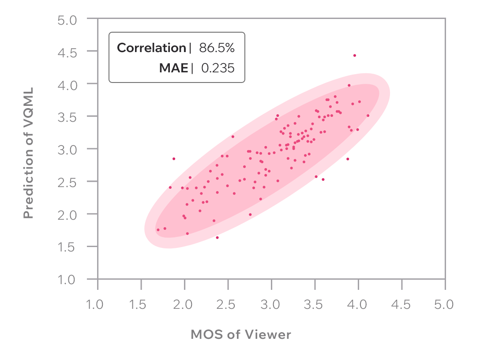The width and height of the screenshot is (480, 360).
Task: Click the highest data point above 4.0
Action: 354,56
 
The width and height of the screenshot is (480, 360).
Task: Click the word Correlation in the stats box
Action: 151,48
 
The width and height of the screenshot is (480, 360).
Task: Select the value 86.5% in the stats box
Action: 217,48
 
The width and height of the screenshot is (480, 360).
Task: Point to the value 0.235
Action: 218,68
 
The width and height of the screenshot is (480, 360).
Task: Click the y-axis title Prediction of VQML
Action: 29,153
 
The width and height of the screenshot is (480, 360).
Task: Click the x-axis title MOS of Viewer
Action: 241,334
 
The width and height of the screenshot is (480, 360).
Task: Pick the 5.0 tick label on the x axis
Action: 443,305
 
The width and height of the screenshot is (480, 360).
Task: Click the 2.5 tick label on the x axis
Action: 227,305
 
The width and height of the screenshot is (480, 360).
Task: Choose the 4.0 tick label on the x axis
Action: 357,305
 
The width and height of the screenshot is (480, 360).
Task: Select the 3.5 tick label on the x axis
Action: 314,305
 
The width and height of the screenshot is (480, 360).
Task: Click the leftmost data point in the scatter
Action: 158,230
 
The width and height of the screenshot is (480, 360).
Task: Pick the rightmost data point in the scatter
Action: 368,116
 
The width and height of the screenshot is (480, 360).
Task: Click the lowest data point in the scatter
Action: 217,237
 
